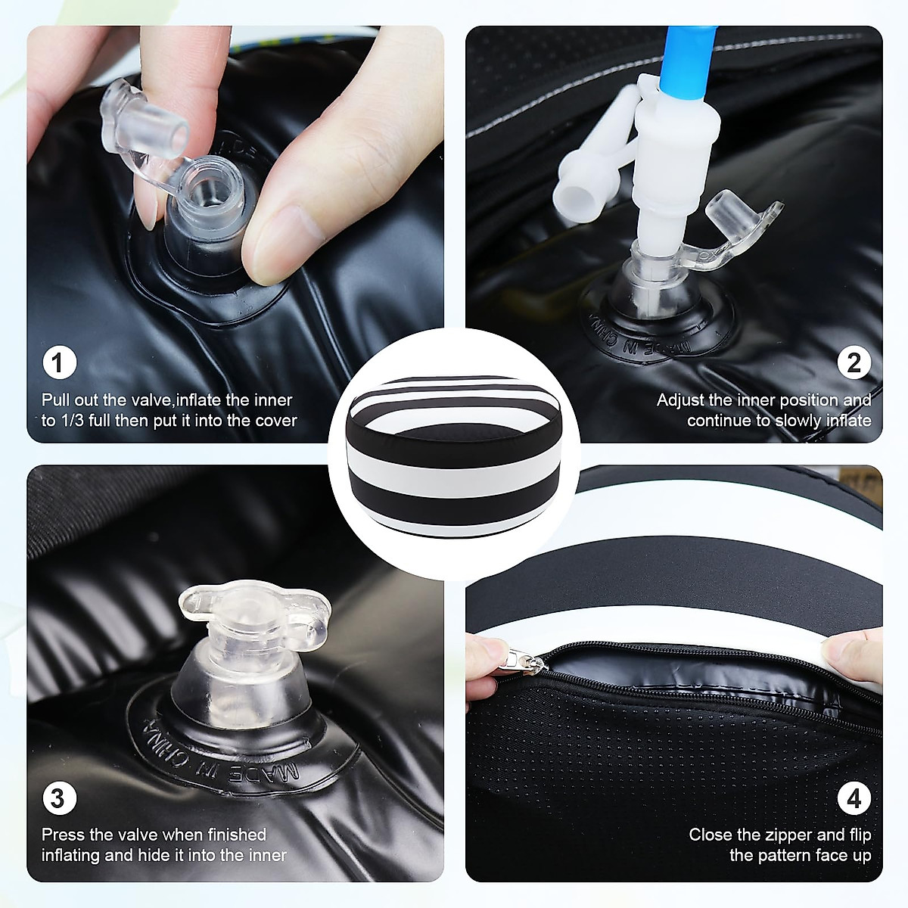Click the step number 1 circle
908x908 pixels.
point(59,363)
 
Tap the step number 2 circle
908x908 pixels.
point(854,363)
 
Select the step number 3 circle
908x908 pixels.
point(59,799)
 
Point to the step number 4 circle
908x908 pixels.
point(854,799)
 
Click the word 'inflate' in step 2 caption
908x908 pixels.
point(849,421)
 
